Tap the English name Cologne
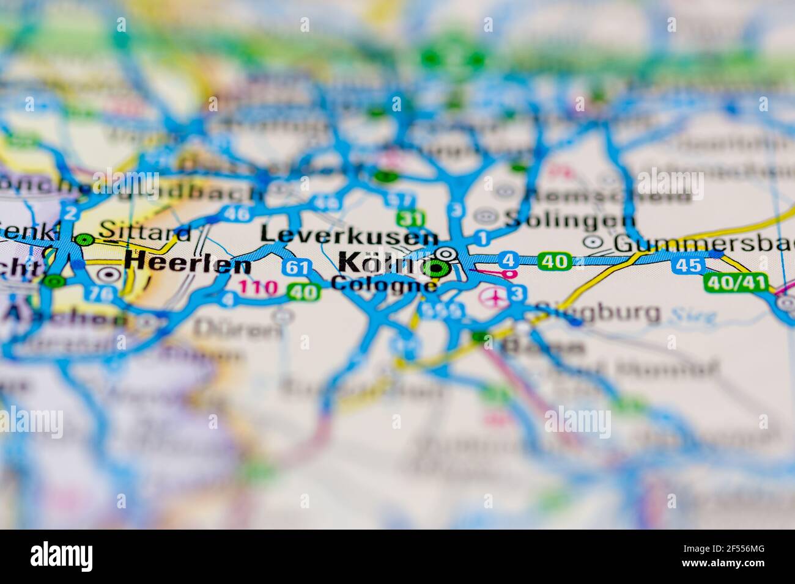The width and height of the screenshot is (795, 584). click(383, 285)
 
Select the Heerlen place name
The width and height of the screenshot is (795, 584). click(187, 265)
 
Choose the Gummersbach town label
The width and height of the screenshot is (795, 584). click(703, 243)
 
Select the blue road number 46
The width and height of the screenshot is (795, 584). click(236, 213)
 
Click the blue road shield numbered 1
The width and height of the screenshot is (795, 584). click(483, 237)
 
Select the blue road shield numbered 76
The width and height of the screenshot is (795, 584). click(102, 294)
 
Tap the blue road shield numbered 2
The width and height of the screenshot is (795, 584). click(71, 213)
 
